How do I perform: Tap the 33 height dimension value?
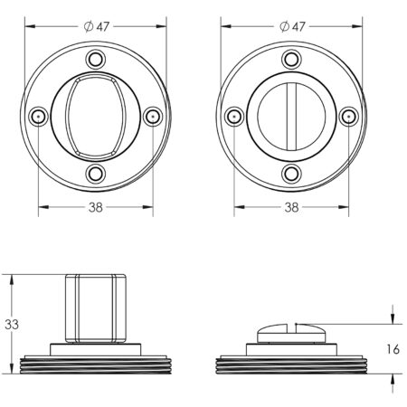point(10,324)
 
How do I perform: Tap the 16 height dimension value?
point(393,348)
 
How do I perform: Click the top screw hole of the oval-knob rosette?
point(93,60)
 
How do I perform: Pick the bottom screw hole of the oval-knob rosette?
point(93,174)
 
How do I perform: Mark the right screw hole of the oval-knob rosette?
point(151,117)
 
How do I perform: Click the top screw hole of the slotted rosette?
point(290,60)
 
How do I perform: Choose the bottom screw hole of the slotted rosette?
point(290,174)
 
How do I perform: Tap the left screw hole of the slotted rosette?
point(233,117)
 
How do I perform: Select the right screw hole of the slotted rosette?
point(347,117)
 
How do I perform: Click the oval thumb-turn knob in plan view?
point(93,117)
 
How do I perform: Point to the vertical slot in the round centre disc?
point(290,117)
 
